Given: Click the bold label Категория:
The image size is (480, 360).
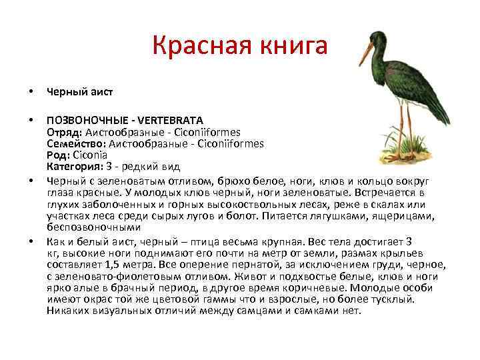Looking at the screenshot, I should (73, 166).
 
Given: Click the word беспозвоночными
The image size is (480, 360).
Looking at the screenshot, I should (93, 227).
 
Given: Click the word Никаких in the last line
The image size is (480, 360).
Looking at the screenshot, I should (67, 310).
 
